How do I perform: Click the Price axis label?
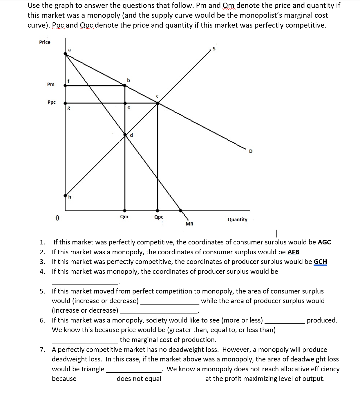point(45,42)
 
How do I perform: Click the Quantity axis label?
point(237,219)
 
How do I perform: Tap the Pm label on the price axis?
point(51,84)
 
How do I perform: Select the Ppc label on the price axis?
point(52,102)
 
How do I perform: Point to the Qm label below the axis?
point(124,217)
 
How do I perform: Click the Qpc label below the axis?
point(159,217)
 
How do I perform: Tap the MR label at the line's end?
point(189,224)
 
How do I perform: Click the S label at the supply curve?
point(214,49)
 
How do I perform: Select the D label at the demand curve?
point(251,151)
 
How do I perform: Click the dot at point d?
point(125,135)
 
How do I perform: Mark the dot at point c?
point(158,103)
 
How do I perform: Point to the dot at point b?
point(125,85)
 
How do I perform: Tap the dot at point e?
point(125,103)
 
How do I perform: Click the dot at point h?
point(66,196)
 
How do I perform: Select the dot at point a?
point(65,53)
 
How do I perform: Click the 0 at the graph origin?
point(57,218)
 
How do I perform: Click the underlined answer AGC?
point(324,242)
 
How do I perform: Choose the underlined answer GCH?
point(320,262)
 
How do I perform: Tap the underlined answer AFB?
point(293,252)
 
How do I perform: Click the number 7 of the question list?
point(42,350)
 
